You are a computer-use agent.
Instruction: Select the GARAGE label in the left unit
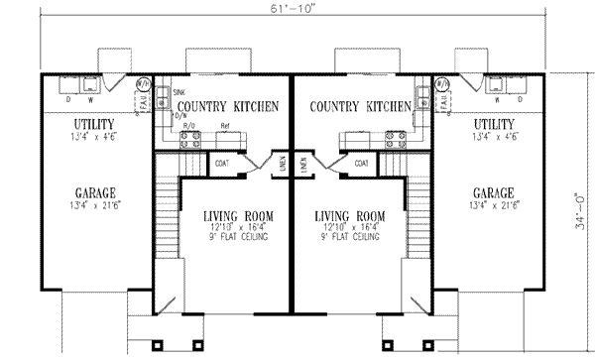[95, 192]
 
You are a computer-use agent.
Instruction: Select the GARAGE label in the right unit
[492, 192]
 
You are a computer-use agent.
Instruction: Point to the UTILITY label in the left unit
[95, 123]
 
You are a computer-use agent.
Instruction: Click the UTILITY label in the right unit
[492, 123]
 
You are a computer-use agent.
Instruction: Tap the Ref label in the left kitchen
[225, 127]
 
